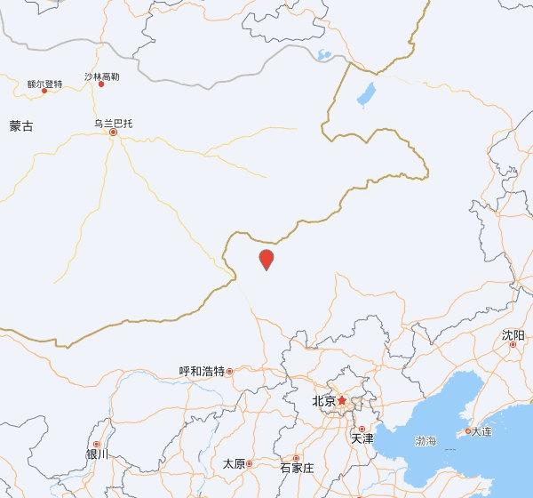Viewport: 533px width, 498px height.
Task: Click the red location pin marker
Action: tap(266, 260)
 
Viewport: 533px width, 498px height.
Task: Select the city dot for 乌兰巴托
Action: tap(113, 133)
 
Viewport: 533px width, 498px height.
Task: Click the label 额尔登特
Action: tap(44, 84)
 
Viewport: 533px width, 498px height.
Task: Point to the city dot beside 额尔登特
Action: tap(44, 91)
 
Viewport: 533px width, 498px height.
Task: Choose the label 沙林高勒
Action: tap(101, 76)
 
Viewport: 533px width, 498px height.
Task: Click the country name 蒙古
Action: tap(21, 126)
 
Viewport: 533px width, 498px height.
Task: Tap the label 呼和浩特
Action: tap(202, 371)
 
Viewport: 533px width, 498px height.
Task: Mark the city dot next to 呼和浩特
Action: tap(229, 371)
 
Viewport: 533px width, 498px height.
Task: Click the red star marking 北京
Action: tap(342, 401)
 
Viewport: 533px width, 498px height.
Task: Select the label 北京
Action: tap(324, 401)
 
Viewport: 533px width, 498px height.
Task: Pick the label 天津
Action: tap(362, 438)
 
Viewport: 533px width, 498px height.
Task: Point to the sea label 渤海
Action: tap(426, 441)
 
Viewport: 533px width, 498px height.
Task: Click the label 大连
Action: tap(481, 431)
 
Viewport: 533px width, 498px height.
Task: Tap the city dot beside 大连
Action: tap(468, 431)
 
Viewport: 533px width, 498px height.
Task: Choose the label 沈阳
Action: tap(513, 334)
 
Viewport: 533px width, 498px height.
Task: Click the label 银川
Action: tap(97, 454)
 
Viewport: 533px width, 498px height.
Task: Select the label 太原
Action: tap(234, 463)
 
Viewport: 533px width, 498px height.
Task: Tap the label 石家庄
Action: tap(297, 467)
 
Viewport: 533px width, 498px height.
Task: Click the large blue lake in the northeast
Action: tap(365, 92)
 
